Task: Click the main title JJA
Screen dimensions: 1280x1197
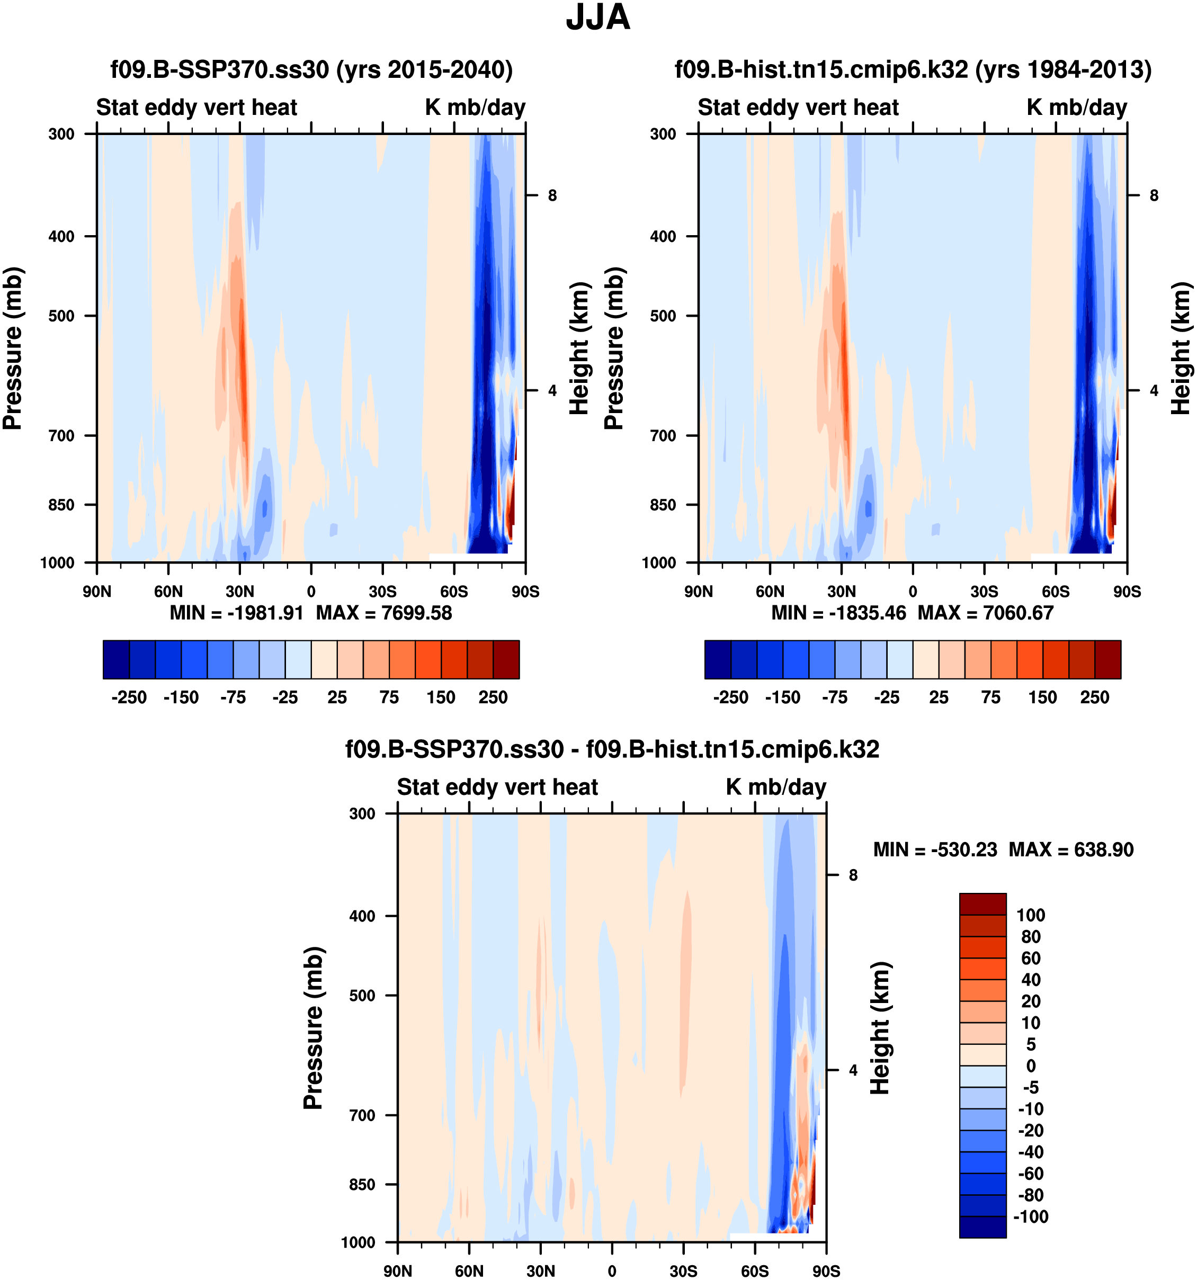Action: coord(597,18)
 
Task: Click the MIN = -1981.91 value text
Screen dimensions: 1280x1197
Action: coord(236,612)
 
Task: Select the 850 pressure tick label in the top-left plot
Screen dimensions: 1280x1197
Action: coord(62,505)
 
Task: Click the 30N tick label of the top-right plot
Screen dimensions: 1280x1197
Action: coord(841,591)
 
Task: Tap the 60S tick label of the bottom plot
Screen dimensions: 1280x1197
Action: coord(754,1271)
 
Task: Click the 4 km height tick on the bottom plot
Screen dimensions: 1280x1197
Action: coord(853,1070)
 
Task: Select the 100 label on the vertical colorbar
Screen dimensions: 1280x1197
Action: coord(1030,915)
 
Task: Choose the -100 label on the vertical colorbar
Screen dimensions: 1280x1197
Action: coord(1030,1216)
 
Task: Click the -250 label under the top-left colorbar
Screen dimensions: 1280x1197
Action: coord(129,697)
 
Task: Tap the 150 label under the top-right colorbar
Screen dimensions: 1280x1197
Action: coord(1042,697)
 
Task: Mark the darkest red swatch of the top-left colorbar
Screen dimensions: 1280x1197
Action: coord(506,659)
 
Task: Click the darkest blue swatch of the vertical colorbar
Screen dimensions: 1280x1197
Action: coord(982,1227)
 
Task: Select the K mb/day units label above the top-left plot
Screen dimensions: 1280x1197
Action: coord(475,107)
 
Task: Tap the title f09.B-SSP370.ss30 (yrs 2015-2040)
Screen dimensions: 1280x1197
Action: coord(311,69)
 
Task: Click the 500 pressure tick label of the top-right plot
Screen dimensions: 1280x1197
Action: coord(663,316)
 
